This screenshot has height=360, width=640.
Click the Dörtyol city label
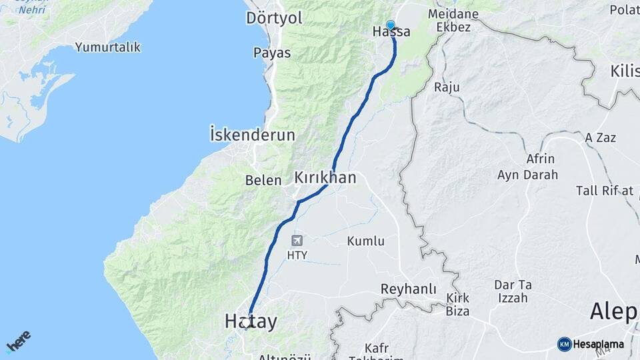(x=274, y=18)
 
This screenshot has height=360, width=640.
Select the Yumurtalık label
(x=108, y=47)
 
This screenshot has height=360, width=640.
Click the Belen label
(x=264, y=180)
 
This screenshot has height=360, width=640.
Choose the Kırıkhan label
(x=325, y=177)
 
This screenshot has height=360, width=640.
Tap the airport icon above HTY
(x=296, y=240)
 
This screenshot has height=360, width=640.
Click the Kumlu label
(x=365, y=241)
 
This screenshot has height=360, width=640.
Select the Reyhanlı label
(x=408, y=289)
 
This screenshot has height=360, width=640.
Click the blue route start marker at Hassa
(x=391, y=25)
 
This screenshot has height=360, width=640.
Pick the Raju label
(x=447, y=87)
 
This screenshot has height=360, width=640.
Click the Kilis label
(x=624, y=71)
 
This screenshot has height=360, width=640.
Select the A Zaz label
(x=600, y=137)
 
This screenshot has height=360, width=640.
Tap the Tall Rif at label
(x=604, y=191)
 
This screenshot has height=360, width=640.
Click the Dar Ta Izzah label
(x=511, y=291)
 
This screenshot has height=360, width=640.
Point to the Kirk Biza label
(x=457, y=304)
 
